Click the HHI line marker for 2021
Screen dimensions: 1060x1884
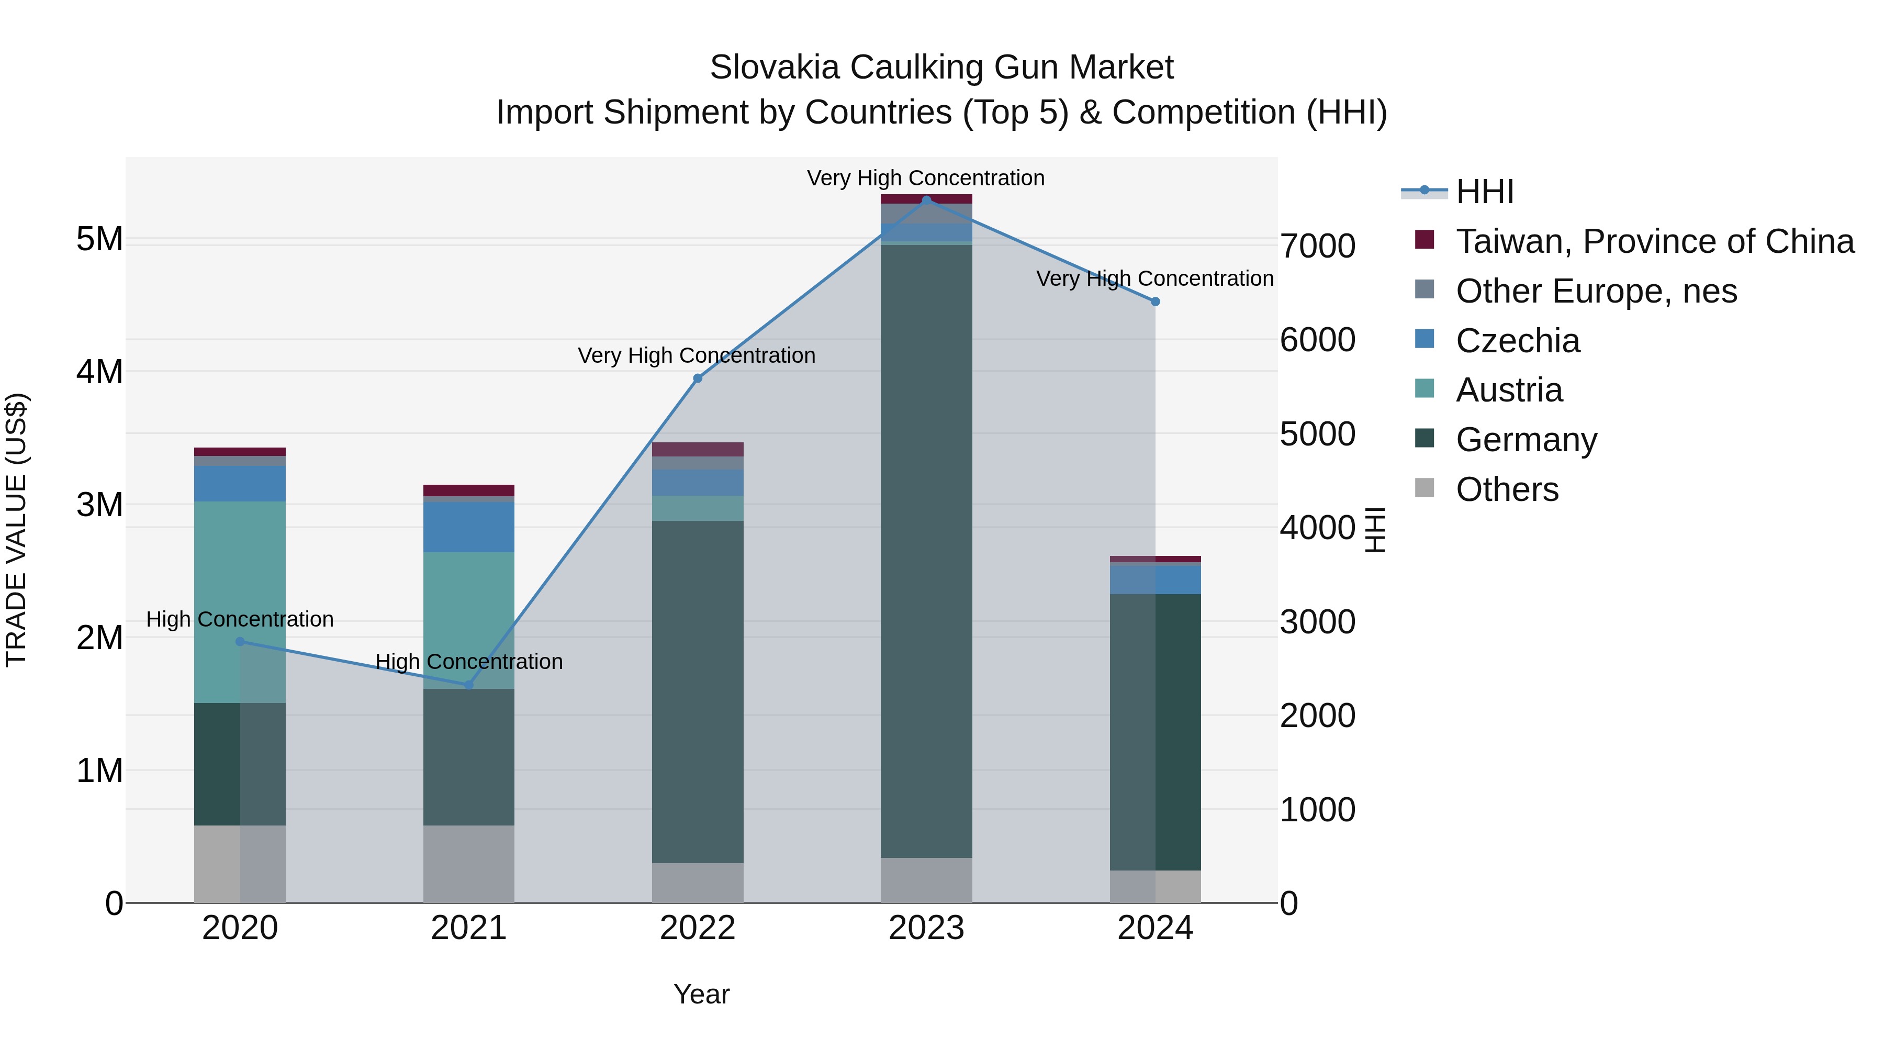point(469,685)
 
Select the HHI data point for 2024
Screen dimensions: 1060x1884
point(1155,302)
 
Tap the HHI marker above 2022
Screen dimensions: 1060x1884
point(697,378)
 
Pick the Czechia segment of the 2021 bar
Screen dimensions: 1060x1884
point(469,526)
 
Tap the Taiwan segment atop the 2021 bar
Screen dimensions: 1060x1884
point(469,490)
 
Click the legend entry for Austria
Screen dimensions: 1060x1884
point(1509,390)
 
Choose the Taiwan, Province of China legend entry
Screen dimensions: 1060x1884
point(1654,241)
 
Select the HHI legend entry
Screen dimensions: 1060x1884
point(1484,192)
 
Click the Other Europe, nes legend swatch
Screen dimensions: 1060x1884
point(1424,289)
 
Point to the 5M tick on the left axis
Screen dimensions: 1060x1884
point(99,239)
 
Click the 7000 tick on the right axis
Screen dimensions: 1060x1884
point(1317,246)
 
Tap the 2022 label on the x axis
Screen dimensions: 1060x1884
point(697,928)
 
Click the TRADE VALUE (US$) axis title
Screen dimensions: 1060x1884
point(16,530)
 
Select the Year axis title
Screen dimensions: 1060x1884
point(701,994)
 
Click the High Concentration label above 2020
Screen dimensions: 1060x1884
point(240,619)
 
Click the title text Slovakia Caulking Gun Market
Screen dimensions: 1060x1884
point(941,68)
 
